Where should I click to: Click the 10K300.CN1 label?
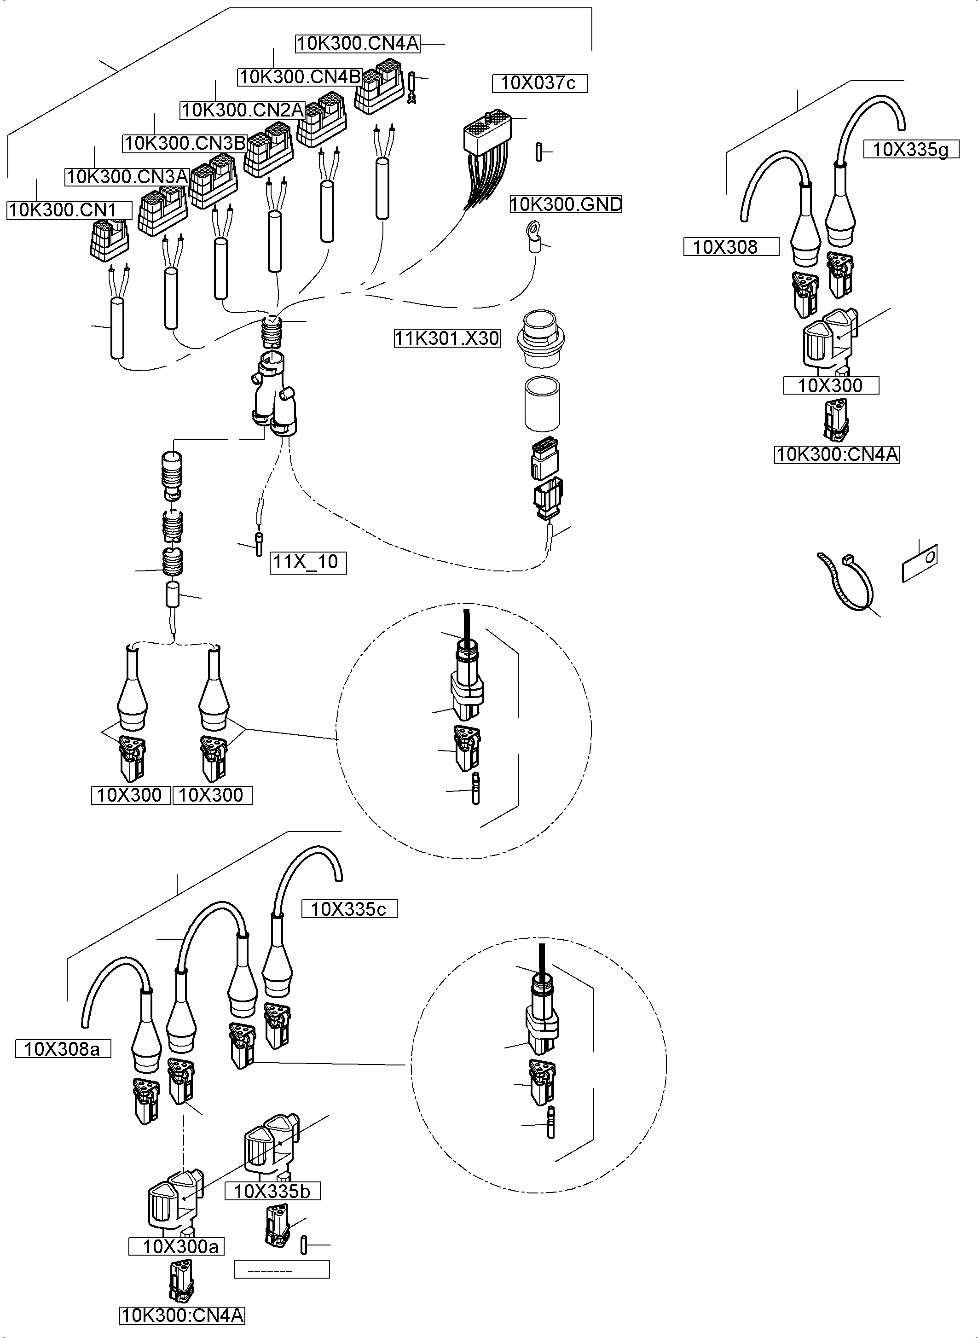click(x=69, y=210)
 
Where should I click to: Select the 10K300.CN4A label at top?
click(x=358, y=44)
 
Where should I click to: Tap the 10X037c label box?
click(x=539, y=83)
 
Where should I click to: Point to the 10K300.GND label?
click(x=565, y=205)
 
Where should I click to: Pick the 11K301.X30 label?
click(x=447, y=339)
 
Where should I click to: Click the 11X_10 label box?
click(x=308, y=562)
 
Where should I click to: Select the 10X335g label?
click(x=910, y=150)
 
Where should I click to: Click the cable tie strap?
click(x=846, y=583)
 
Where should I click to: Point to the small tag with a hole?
click(x=920, y=563)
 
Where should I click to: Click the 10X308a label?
click(x=63, y=1050)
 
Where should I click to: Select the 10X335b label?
click(x=272, y=1192)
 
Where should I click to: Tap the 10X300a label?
click(x=176, y=1246)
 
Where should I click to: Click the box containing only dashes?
click(x=281, y=1269)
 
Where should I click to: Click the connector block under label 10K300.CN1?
click(x=109, y=238)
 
